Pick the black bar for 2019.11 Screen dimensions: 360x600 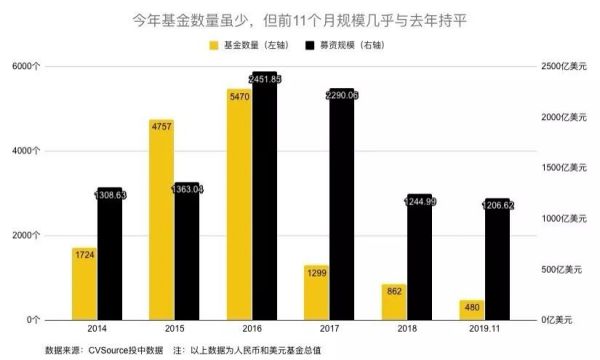pos(496,259)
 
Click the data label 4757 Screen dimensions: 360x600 pos(160,127)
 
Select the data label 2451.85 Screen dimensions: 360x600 pos(266,79)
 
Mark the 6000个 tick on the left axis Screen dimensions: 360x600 pos(26,66)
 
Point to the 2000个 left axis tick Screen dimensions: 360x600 pos(26,235)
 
